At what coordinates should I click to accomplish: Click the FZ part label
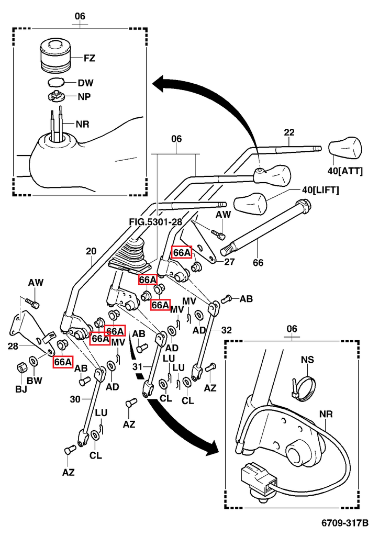point(90,58)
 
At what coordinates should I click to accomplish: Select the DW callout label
point(85,83)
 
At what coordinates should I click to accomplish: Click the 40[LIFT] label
point(320,190)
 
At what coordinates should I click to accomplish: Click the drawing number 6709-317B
point(345,523)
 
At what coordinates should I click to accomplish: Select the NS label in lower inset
point(308,360)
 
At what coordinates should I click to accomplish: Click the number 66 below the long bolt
point(258,263)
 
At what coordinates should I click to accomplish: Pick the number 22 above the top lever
point(289,133)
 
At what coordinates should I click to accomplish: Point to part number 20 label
point(91,251)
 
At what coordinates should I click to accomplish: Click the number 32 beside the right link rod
point(226,330)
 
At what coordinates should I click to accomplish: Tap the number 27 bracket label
point(229,262)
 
